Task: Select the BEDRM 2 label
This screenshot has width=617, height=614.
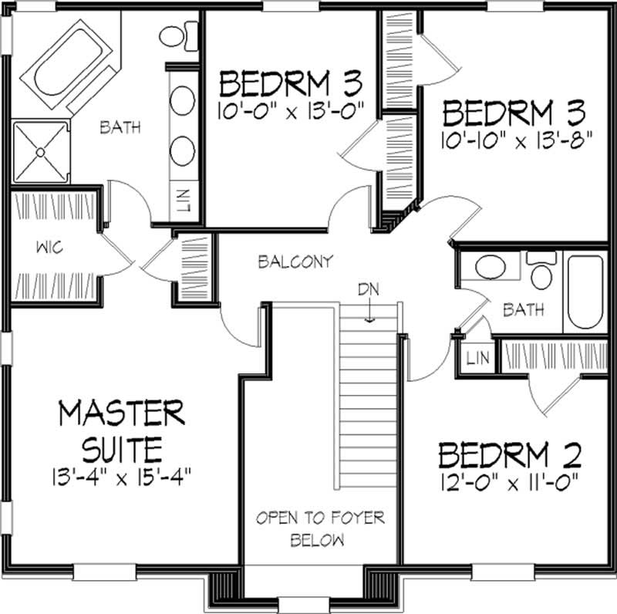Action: (x=509, y=455)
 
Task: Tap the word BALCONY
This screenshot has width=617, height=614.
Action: (x=295, y=261)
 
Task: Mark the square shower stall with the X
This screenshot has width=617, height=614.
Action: (x=39, y=150)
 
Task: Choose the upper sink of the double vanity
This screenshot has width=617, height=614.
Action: (x=183, y=101)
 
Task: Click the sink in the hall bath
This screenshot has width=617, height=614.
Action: (x=491, y=268)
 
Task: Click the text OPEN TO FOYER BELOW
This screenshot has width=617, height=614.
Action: (x=320, y=528)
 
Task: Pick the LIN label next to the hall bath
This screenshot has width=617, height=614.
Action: (x=475, y=357)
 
